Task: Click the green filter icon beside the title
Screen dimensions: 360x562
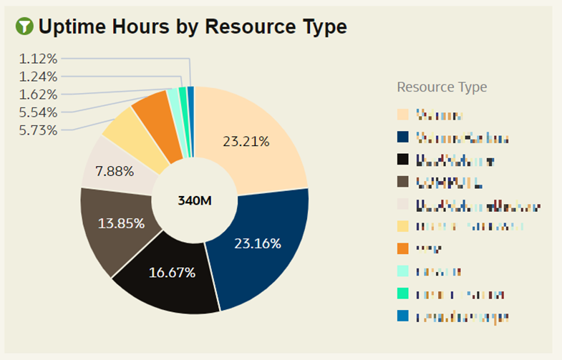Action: pos(25,27)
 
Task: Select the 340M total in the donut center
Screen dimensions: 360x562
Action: pos(195,200)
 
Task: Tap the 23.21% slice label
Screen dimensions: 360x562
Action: pos(246,142)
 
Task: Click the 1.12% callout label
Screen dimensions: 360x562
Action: pos(39,59)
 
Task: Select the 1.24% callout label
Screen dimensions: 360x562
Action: pos(39,77)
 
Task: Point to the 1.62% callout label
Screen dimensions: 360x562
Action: pos(39,94)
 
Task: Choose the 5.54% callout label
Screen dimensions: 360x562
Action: pos(39,112)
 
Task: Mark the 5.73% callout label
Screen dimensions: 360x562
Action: pos(39,130)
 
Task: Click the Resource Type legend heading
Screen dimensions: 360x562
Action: pos(442,87)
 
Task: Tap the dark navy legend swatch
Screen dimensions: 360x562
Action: pos(403,137)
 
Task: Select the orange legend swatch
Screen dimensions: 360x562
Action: pos(403,249)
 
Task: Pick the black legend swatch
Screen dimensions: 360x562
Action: pos(403,159)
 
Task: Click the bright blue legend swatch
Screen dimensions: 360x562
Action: pos(403,316)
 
